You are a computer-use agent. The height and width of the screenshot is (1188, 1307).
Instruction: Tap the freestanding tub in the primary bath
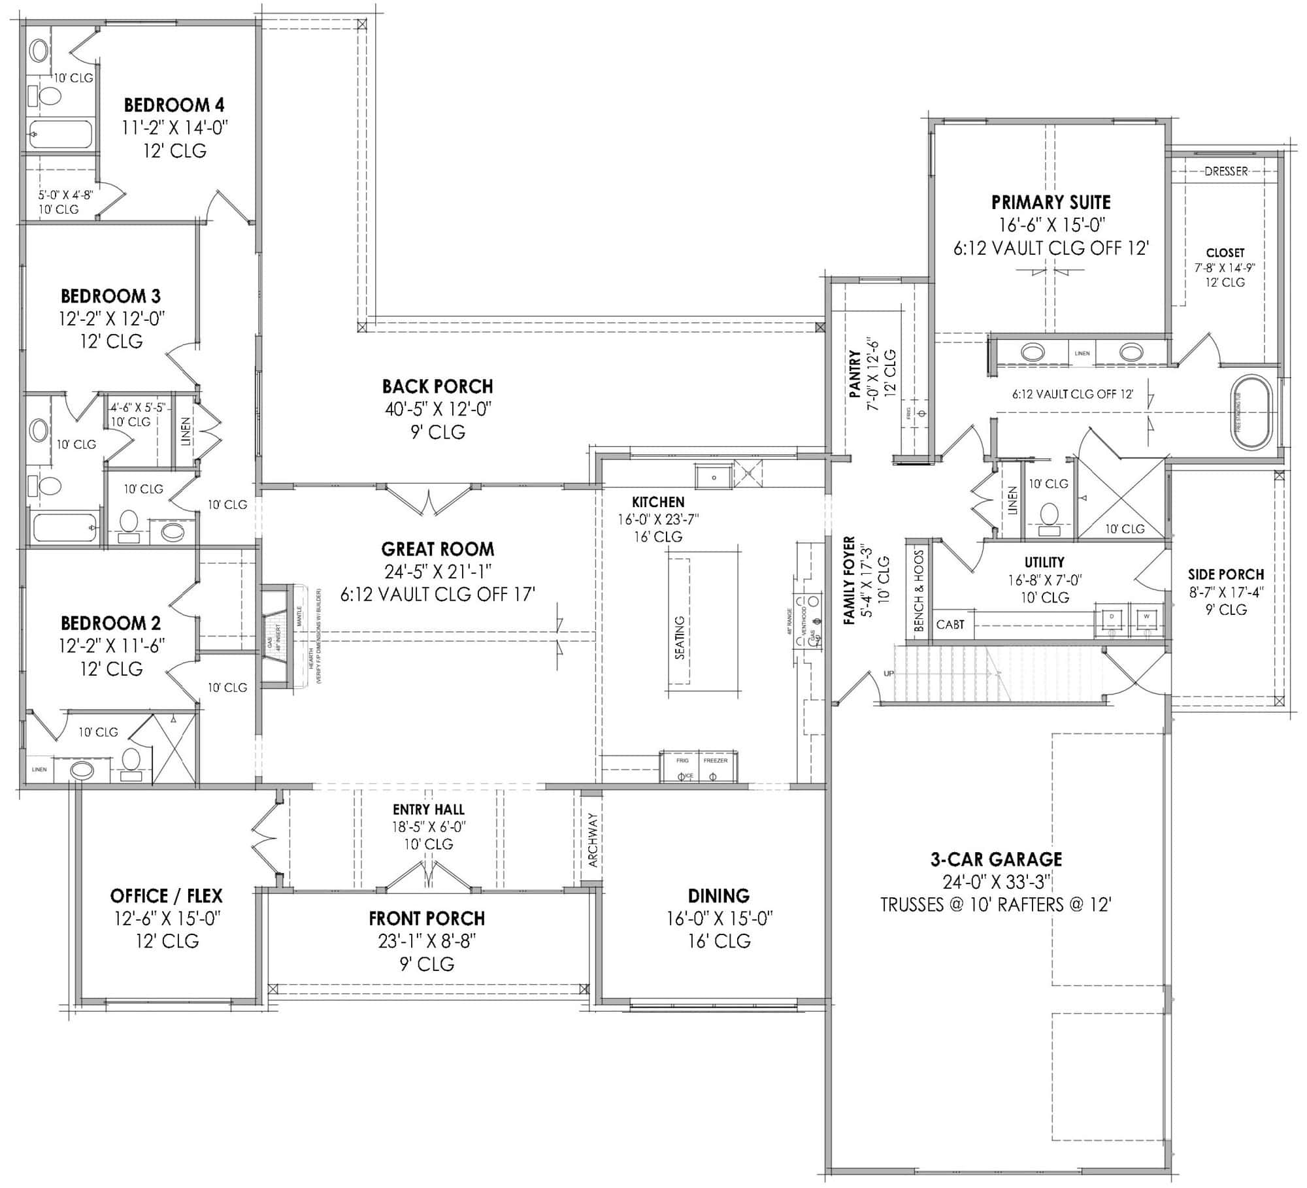(1252, 412)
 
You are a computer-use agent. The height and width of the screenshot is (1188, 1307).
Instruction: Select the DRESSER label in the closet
(1226, 171)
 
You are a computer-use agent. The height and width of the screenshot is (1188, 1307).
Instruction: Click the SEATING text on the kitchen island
(680, 637)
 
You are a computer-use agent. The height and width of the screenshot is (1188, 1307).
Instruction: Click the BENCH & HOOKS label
(919, 590)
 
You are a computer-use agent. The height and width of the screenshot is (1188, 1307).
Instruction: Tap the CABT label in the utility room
(950, 624)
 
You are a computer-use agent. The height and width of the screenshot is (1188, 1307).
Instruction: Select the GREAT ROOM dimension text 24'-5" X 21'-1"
(438, 572)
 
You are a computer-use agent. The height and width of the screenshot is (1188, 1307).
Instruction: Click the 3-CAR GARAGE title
(996, 859)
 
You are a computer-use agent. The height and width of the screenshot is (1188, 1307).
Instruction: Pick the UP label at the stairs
(889, 674)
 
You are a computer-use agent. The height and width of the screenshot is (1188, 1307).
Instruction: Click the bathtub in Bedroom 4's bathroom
(60, 135)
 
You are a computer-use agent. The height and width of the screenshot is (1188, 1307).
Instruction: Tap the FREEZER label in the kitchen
(716, 760)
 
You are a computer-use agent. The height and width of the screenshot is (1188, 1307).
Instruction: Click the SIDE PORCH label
(1225, 574)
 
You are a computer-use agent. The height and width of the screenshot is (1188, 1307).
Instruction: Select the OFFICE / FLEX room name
(167, 895)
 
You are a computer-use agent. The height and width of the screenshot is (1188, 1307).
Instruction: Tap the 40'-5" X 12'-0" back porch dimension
(438, 409)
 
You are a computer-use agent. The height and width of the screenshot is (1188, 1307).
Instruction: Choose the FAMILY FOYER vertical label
(850, 580)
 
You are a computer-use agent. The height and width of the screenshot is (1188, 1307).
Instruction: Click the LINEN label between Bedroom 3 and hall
(186, 431)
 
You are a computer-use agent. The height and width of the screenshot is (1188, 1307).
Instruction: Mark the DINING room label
(719, 895)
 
